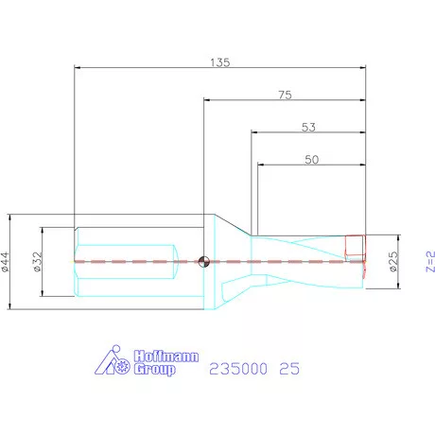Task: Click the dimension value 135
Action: [220, 61]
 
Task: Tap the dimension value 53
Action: [307, 126]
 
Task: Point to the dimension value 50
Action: [310, 159]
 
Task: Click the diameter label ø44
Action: [8, 261]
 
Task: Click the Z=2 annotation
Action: [426, 261]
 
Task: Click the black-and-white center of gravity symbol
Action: [205, 262]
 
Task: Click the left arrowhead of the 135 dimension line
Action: [78, 68]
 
